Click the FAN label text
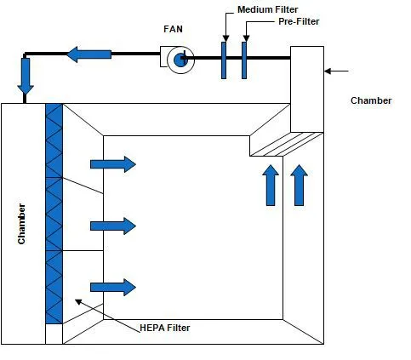[173, 29]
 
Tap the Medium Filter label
[268, 9]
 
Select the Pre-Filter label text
[299, 21]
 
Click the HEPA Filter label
[165, 328]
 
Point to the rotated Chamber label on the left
[21, 224]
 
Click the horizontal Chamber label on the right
[371, 100]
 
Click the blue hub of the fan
[180, 60]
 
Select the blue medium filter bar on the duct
[224, 60]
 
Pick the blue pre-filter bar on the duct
[244, 60]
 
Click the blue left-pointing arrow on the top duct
[89, 54]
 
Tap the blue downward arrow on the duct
[26, 76]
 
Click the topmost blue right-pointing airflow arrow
[113, 164]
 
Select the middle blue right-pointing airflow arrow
[113, 226]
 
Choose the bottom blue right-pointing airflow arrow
[113, 288]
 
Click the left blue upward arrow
[271, 186]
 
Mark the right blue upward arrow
[300, 186]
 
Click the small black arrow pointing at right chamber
[336, 71]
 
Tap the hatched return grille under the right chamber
[287, 144]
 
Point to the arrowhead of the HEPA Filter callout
[78, 301]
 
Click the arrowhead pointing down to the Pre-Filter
[247, 38]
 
